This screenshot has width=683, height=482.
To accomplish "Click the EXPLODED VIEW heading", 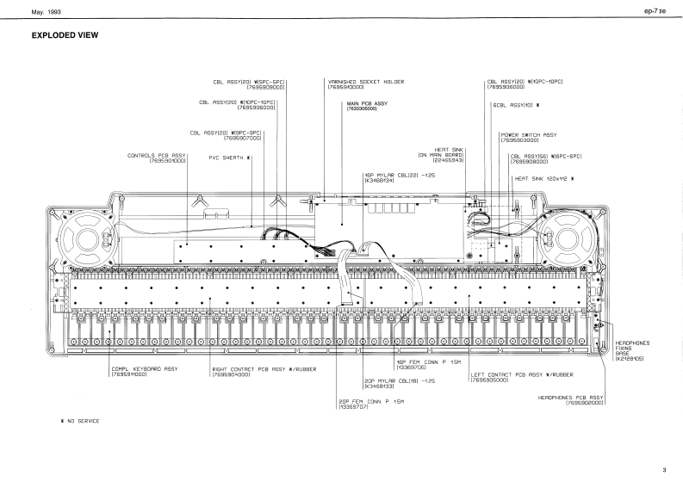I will (x=65, y=35).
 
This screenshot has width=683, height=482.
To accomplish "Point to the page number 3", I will (x=664, y=470).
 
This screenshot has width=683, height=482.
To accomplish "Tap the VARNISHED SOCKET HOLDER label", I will (x=366, y=82).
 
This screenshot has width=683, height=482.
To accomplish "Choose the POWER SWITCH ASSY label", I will (x=528, y=135).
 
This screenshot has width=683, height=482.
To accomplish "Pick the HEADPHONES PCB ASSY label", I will (x=573, y=397).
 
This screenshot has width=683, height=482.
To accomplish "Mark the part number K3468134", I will (x=380, y=182).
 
